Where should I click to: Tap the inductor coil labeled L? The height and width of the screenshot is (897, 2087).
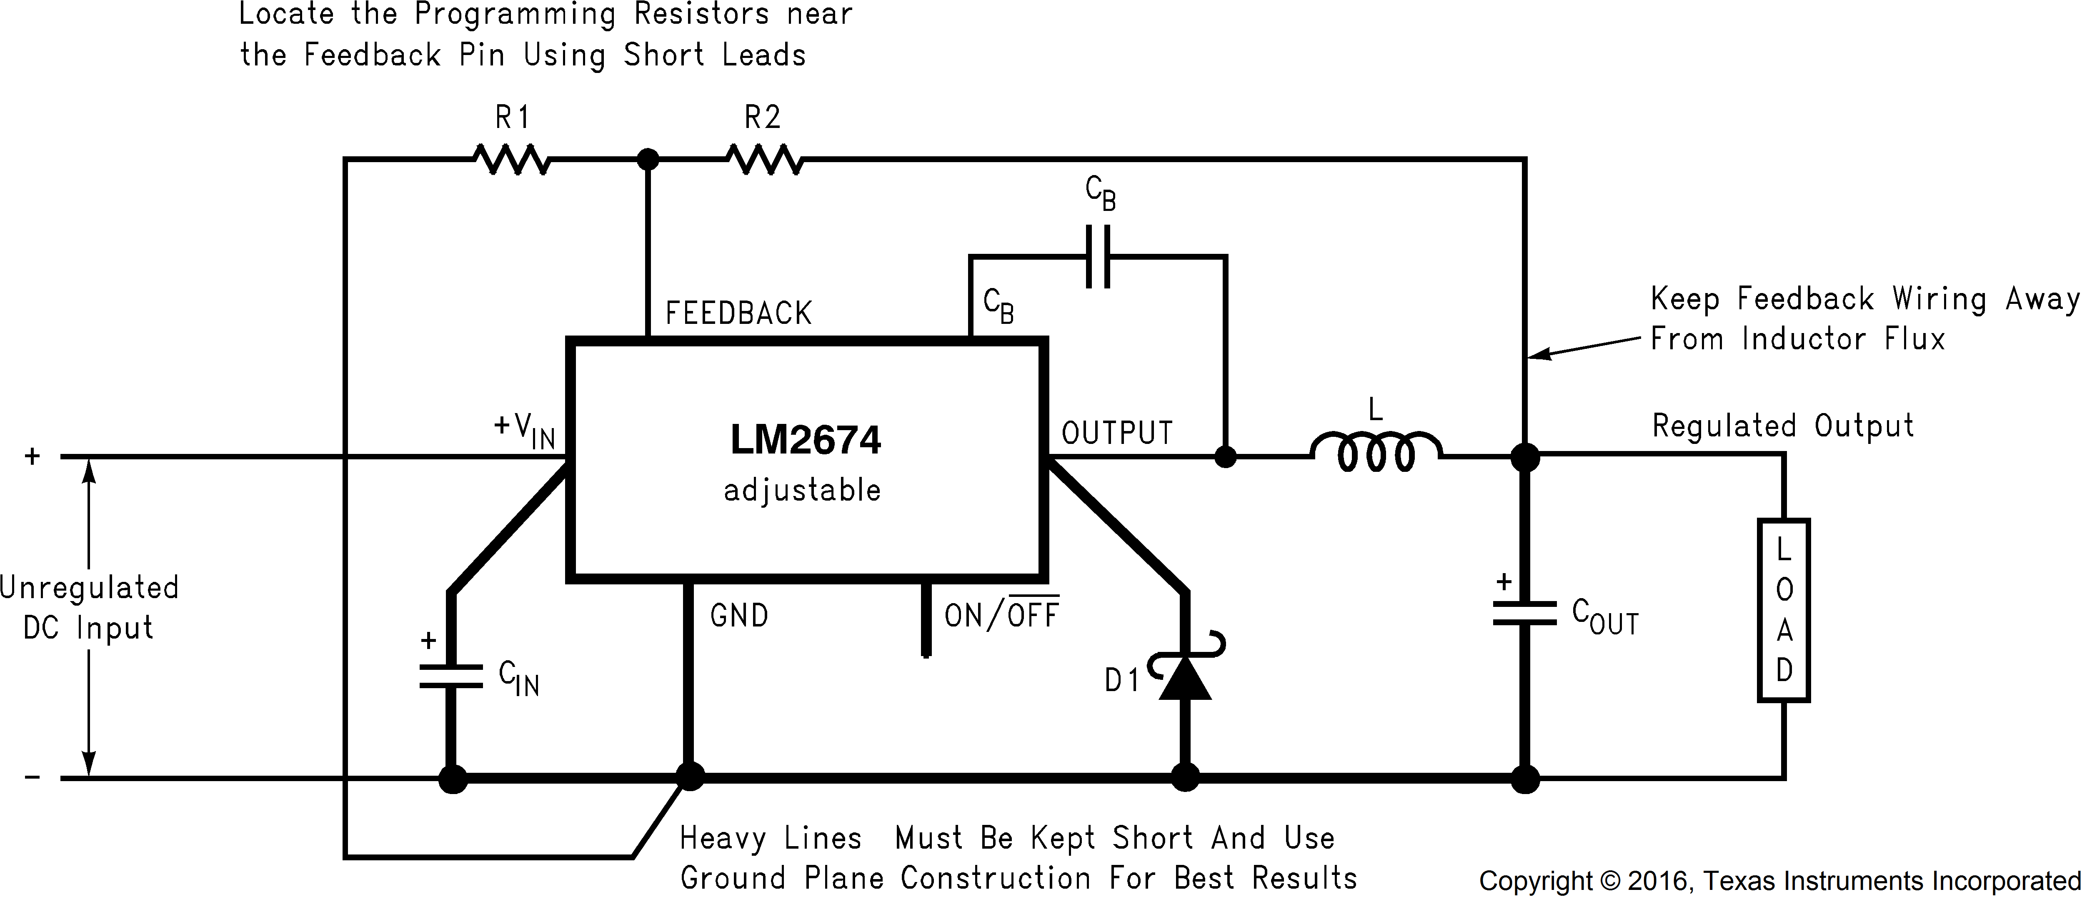(1376, 452)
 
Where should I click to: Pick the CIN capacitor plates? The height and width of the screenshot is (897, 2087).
(451, 677)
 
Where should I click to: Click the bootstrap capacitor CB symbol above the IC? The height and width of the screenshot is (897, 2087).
(1098, 257)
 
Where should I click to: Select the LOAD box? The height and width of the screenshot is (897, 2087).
(1783, 610)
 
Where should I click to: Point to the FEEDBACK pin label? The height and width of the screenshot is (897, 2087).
(738, 313)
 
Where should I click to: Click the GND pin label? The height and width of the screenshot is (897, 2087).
(739, 616)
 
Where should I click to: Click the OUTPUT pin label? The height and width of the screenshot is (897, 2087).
(1116, 433)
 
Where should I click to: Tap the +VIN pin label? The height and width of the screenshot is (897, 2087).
(524, 429)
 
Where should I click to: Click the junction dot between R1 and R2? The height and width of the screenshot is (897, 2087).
(647, 160)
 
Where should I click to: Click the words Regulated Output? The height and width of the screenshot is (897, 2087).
(1782, 426)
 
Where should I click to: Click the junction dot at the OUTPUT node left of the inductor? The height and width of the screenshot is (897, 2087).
(1226, 457)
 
